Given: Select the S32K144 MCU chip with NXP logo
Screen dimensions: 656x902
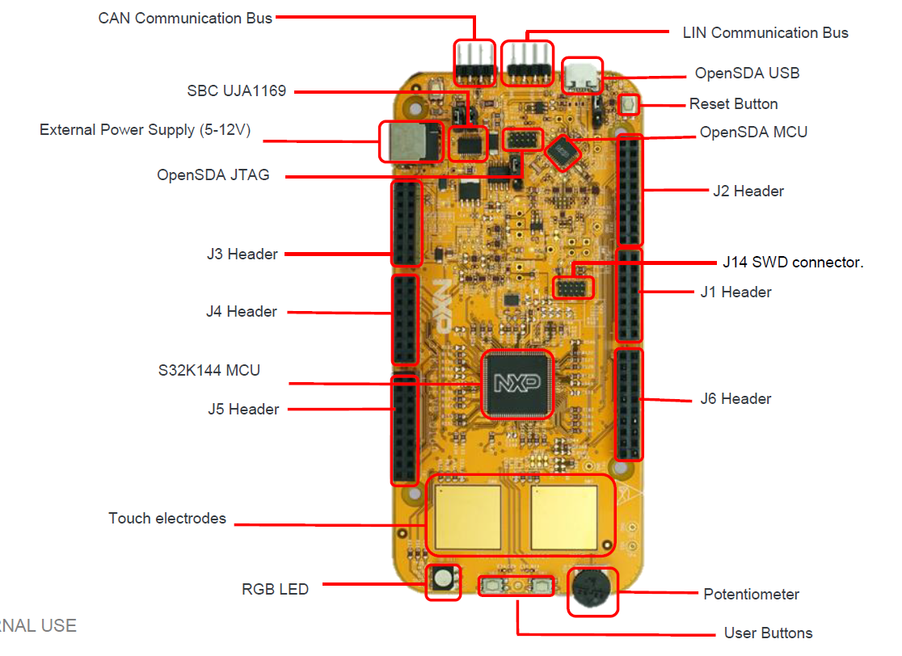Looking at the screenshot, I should pos(517,383).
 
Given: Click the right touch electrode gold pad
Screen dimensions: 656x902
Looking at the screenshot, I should pos(563,516).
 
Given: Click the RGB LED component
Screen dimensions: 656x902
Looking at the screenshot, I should pos(443,580).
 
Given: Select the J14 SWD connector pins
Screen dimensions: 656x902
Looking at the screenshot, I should pos(572,287).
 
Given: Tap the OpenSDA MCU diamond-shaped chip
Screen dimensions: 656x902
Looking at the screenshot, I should pos(565,150).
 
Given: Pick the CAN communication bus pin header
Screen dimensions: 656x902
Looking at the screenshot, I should pos(474,64).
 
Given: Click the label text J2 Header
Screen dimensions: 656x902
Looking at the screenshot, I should pos(748,191).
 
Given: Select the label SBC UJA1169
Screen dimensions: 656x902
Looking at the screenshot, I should pos(237,91).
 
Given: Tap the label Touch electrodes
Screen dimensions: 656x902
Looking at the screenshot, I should pos(167,519).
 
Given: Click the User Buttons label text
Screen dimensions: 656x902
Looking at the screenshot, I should pos(768,633).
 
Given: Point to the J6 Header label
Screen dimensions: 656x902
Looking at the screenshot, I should pos(736,398).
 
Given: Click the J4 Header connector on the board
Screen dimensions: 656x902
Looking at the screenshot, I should pos(405,320).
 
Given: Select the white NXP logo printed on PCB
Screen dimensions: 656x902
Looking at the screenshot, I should pos(440,305).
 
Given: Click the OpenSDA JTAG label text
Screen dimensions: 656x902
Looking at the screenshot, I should pos(213,175).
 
